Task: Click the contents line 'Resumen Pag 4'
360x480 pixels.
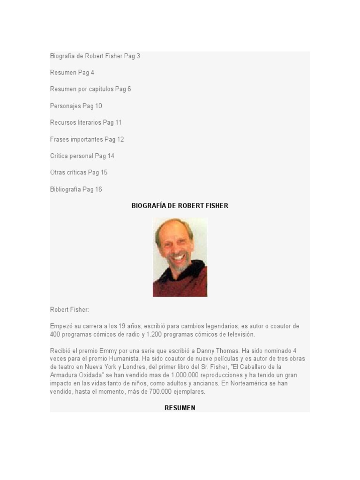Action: [72, 73]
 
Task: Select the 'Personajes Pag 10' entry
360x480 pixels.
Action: [76, 106]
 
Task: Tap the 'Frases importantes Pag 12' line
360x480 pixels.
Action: [87, 139]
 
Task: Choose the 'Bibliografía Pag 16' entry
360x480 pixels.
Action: [76, 189]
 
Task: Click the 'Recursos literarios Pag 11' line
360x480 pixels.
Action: [86, 122]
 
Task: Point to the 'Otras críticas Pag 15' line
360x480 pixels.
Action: [79, 172]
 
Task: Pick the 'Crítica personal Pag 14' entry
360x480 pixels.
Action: [82, 156]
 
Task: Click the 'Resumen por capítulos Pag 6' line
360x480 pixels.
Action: [90, 89]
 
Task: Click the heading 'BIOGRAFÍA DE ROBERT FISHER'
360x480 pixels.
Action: [180, 206]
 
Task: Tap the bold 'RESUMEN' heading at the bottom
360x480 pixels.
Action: [180, 408]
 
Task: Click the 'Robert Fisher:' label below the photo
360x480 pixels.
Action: [69, 310]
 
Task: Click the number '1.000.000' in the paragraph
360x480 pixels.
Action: [187, 375]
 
